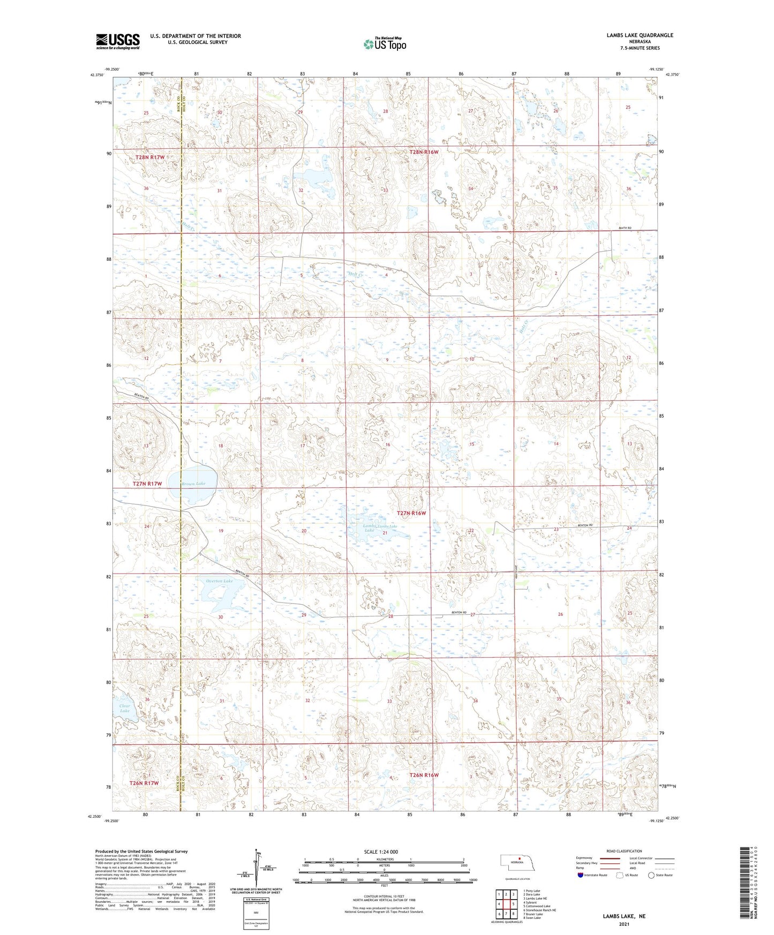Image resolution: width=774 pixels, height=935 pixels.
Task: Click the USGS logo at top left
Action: click(x=117, y=41)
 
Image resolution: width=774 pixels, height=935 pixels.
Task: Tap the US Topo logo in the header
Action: click(x=384, y=44)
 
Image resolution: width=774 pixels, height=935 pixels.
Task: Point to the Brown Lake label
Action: click(x=193, y=484)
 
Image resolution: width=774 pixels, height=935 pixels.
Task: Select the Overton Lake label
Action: click(x=220, y=581)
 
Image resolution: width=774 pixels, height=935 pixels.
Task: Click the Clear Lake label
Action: click(x=124, y=708)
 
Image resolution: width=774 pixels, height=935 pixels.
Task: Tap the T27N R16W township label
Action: click(x=411, y=513)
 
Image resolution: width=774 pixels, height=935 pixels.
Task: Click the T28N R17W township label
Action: click(x=149, y=157)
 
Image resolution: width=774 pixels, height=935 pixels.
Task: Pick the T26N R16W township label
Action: click(x=424, y=775)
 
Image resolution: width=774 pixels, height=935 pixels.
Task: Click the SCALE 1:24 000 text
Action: click(x=381, y=851)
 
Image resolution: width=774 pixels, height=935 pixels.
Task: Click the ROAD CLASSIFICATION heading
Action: click(x=624, y=851)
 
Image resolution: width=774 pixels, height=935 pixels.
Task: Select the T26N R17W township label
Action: click(x=144, y=783)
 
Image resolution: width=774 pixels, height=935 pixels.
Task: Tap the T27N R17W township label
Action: click(x=147, y=484)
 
